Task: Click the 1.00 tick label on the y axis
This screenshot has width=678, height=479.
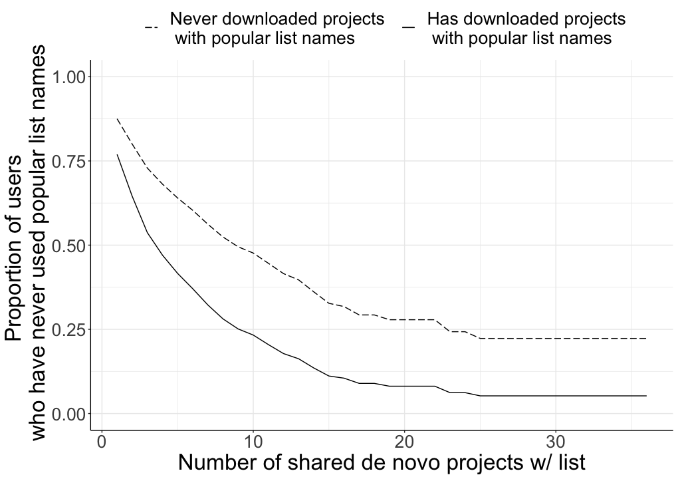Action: coord(70,77)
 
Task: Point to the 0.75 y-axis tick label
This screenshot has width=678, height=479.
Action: coord(70,162)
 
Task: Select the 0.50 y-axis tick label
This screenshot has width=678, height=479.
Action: coord(70,245)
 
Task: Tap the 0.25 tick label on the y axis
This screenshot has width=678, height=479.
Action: coord(70,329)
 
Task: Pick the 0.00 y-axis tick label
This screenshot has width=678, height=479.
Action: coord(70,414)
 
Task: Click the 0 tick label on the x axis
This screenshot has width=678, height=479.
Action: coord(102,442)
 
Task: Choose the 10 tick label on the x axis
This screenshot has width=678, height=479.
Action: coord(253,442)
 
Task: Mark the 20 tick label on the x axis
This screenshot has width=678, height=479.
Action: coord(404,442)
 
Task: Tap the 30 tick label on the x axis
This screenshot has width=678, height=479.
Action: coord(555,442)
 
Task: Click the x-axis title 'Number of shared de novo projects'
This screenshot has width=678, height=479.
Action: coord(382,462)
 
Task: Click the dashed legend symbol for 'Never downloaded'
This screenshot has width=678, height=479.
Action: coord(151,28)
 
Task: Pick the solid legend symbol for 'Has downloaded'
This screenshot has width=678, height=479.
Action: coord(409,28)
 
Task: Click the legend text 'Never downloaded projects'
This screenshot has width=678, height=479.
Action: coord(277,19)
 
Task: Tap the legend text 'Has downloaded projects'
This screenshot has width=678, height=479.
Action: coord(526,19)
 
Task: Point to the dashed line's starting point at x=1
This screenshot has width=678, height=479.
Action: coord(117,118)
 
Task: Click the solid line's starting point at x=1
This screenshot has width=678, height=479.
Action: coord(117,154)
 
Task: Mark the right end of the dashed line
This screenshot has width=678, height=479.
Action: coord(645,339)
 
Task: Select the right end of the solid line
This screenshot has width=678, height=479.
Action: coord(645,396)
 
